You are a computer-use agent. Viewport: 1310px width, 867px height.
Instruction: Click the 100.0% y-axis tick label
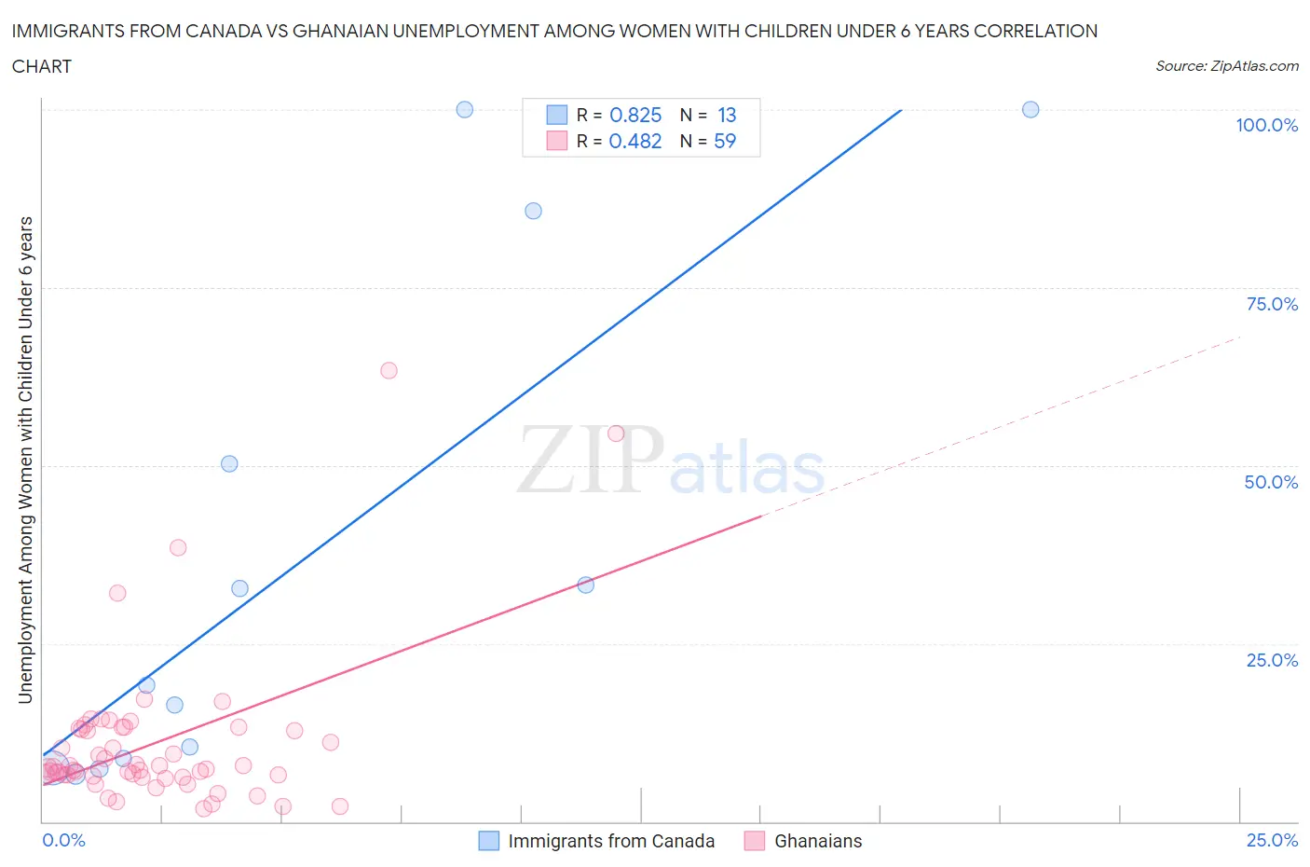coord(1266,126)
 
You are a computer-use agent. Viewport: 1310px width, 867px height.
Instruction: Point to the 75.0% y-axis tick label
coord(1272,304)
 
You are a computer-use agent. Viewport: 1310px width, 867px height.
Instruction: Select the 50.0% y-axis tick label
coord(1271,482)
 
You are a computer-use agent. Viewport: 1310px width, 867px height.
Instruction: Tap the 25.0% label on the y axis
coord(1272,660)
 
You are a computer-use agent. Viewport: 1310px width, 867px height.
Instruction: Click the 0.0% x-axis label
coord(63,840)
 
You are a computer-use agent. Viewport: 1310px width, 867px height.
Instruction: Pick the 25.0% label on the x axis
coord(1272,840)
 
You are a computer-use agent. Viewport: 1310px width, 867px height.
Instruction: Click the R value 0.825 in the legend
coord(635,115)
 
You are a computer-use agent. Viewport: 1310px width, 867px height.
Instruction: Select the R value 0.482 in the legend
coord(635,141)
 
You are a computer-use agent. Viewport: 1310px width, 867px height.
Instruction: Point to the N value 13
coord(727,115)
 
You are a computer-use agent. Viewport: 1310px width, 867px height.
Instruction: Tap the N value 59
coord(725,141)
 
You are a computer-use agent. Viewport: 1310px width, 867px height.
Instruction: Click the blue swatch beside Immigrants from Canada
coord(489,841)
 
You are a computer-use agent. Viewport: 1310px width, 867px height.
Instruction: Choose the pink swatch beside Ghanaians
coord(755,841)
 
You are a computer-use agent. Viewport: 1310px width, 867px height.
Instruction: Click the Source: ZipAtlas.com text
coord(1226,66)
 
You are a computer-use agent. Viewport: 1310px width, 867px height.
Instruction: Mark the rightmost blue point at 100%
coord(1030,109)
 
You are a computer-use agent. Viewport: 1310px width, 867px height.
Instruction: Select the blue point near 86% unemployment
coord(533,211)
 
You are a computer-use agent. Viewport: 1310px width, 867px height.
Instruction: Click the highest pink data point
coord(389,370)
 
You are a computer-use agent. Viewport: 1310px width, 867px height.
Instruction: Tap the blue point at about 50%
coord(229,463)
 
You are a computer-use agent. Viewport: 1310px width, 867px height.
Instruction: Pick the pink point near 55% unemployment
coord(616,433)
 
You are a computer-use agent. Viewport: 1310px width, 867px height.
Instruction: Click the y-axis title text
coord(25,460)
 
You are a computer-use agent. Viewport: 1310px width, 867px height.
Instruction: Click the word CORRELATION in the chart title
coord(1035,31)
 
